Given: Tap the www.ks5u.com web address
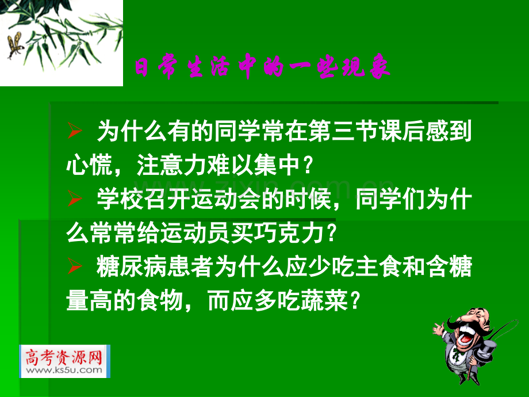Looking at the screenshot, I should tap(64, 371).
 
